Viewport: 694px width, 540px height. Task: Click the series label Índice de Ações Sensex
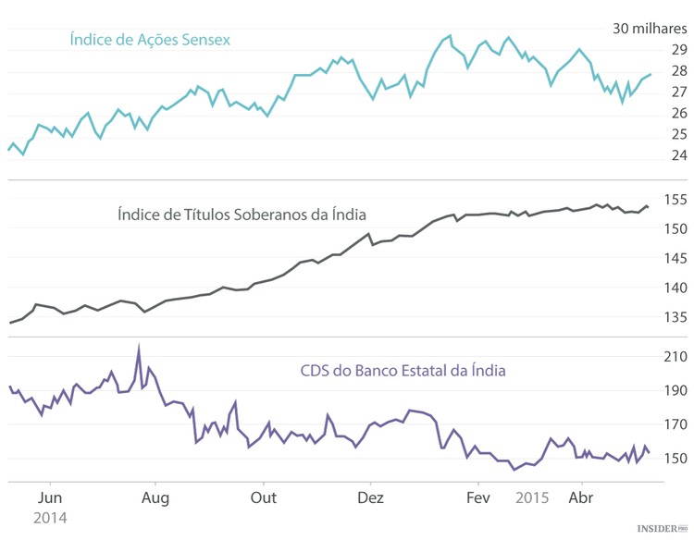(x=150, y=40)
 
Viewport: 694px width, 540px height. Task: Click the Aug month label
(x=155, y=497)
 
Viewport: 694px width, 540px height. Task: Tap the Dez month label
(x=370, y=497)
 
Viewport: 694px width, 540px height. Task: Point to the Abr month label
(x=581, y=497)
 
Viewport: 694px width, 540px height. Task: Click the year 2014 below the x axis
(x=50, y=519)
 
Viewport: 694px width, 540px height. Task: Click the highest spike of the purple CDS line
(x=139, y=349)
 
